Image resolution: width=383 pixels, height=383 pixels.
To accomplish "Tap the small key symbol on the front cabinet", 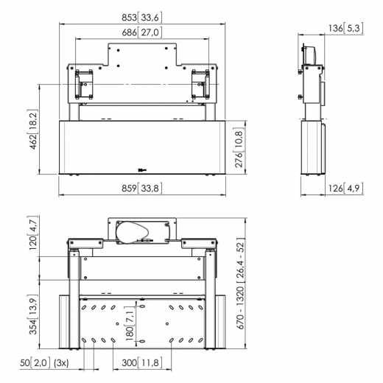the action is tap(142, 169).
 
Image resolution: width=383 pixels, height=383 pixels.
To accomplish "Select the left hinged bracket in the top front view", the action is tap(84, 85).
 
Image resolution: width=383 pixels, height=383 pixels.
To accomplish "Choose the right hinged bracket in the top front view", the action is tap(200, 85).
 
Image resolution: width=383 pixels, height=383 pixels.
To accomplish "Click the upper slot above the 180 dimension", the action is tap(142, 306).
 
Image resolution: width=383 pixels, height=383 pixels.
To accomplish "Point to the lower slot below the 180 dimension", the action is tap(142, 341).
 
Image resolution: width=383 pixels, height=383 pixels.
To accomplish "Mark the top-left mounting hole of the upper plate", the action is tap(119, 50).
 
